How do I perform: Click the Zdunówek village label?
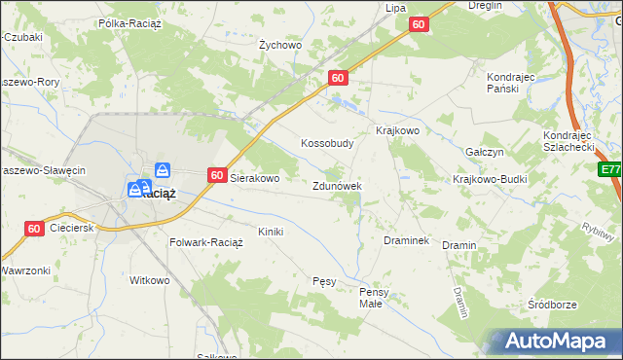coord(338,186)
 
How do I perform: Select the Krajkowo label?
coord(397,130)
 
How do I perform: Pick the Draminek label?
coord(407,239)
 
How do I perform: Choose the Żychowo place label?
coord(280,45)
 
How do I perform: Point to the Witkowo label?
coord(150,280)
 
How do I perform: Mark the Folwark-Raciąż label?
coord(205,241)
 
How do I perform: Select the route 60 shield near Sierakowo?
coord(218,175)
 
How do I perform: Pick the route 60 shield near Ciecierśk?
coord(34,229)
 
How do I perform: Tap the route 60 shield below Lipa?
coord(419,24)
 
